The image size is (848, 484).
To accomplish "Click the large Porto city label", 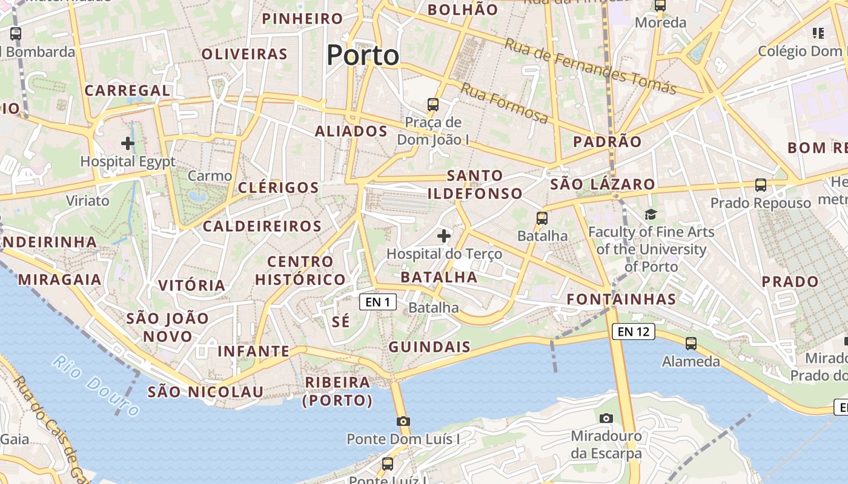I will [x=363, y=55].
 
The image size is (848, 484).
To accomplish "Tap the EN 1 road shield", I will [x=378, y=302].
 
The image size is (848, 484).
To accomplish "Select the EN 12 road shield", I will [x=634, y=331].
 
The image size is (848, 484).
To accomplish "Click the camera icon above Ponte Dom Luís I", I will [x=403, y=421].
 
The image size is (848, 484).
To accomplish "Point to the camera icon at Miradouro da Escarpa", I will [x=606, y=418].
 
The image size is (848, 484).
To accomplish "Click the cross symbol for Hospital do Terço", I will [x=444, y=236].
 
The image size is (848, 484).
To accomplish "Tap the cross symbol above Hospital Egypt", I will [x=127, y=143].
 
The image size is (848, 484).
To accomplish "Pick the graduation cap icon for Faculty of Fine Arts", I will [x=651, y=214].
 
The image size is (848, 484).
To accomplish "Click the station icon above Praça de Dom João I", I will [x=433, y=104].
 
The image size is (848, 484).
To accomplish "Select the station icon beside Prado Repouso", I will [x=761, y=185].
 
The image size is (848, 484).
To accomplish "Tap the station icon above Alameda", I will [x=691, y=344].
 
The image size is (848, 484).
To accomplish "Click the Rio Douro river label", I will [x=96, y=385].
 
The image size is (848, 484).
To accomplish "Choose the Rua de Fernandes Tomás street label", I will [x=590, y=66].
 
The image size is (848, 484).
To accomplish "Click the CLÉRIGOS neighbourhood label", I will [x=278, y=188].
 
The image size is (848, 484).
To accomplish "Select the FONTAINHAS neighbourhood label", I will [x=621, y=299].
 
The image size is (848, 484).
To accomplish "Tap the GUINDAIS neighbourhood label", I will [x=429, y=347].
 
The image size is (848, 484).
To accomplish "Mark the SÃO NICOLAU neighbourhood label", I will [x=206, y=392].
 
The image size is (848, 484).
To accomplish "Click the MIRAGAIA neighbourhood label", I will [x=59, y=280].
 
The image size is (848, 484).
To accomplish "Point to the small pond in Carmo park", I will [x=197, y=195].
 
